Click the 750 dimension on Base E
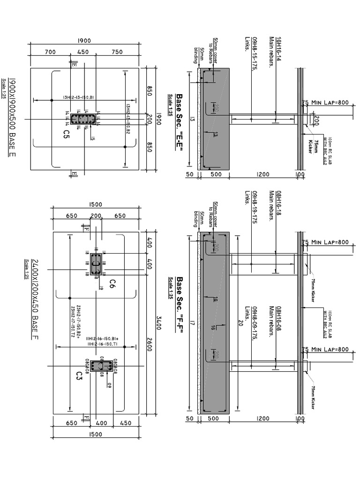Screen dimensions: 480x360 [x=117, y=52]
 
